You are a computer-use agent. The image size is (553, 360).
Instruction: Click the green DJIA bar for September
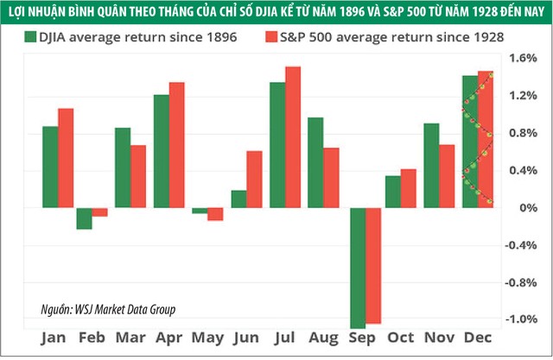pos(357,268)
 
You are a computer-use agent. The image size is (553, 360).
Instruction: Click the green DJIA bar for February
pos(84,218)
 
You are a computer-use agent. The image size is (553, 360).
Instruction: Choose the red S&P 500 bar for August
pos(332,178)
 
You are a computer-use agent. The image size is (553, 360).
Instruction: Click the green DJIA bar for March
pos(124,167)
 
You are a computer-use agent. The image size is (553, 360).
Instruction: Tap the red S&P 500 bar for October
pos(408,188)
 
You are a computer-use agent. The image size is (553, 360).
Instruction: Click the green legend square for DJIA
pos(31,36)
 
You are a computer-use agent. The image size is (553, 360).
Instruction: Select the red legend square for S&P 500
pos(270,36)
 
